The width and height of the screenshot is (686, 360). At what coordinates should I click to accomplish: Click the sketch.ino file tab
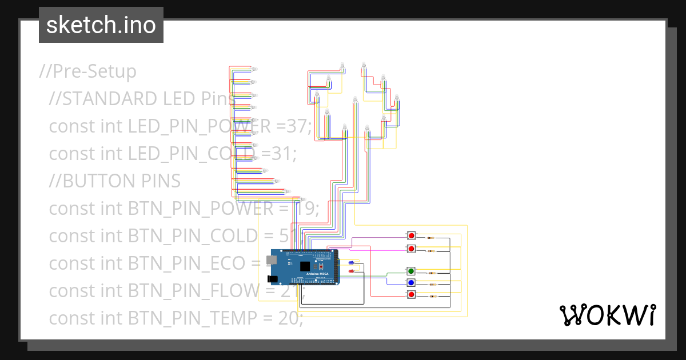(101, 25)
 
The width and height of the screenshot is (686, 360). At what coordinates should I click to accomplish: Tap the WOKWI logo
(607, 315)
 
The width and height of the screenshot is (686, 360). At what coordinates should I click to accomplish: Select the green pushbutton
(410, 271)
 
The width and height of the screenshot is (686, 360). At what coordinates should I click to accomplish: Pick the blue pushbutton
(410, 283)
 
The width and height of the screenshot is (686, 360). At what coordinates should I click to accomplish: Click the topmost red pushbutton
(411, 236)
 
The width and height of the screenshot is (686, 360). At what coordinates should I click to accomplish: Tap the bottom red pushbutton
(411, 295)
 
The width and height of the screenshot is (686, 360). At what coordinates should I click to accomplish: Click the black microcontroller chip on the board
(305, 266)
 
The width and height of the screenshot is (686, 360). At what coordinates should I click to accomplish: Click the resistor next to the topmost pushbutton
(430, 238)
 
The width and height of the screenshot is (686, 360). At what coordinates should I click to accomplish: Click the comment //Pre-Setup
(88, 71)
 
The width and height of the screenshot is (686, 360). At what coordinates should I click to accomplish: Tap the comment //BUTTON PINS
(114, 181)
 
